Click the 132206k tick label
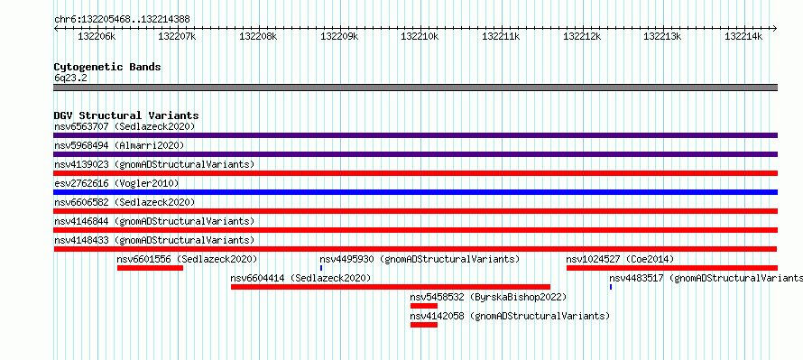97,36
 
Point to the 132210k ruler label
420,36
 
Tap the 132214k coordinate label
743,36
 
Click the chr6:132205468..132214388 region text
122,20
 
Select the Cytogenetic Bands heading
107,67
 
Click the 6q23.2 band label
69,78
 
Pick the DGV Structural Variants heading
126,115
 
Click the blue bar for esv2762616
415,192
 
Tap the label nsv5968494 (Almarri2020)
119,145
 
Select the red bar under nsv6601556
150,268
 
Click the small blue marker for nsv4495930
321,268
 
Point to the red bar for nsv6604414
391,287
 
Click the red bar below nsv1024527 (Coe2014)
672,268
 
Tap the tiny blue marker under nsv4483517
611,287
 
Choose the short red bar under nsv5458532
424,306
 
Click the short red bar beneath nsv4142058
424,325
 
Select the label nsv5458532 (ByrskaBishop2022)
488,297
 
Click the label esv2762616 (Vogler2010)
116,183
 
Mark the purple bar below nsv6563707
415,135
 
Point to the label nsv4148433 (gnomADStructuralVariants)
154,240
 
